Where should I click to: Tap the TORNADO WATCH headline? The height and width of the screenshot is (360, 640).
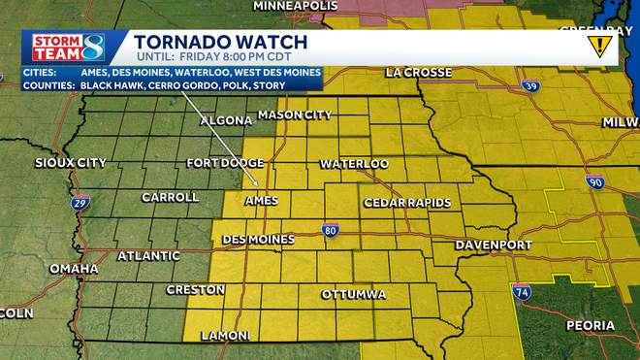(x=220, y=42)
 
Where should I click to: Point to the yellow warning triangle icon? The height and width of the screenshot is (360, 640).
(x=600, y=44)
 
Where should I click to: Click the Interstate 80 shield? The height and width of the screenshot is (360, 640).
(x=332, y=230)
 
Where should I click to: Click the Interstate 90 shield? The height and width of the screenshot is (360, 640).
(x=593, y=182)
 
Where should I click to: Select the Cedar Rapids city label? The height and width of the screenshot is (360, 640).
(x=407, y=202)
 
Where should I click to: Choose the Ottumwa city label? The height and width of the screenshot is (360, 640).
(x=354, y=294)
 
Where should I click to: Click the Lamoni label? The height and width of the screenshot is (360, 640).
(x=225, y=336)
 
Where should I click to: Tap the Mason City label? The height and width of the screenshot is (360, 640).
(x=298, y=115)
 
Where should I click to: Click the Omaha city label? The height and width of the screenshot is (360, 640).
(x=75, y=268)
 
